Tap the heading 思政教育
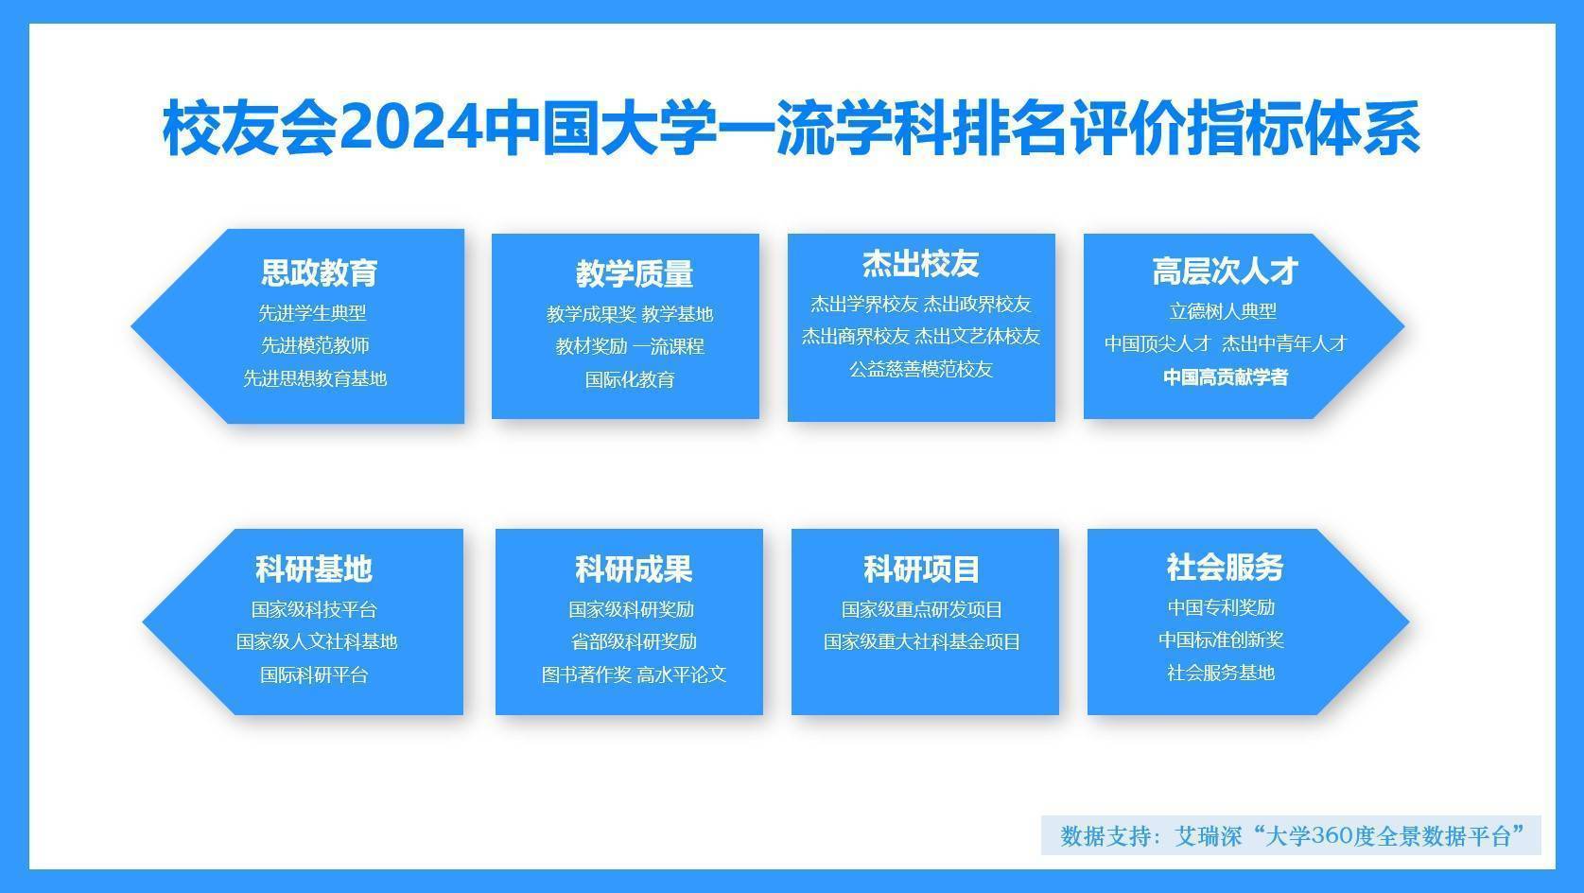[320, 272]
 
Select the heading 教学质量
[635, 273]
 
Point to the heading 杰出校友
[921, 264]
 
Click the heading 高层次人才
[1226, 271]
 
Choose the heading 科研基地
[314, 569]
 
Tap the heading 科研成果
[634, 569]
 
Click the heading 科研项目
[921, 569]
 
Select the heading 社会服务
[1225, 567]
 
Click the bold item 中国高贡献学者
[1226, 377]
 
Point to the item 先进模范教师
[316, 345]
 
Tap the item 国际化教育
[630, 379]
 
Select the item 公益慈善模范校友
[921, 369]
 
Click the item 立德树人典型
[1223, 310]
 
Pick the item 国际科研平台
[314, 674]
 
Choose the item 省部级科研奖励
[634, 641]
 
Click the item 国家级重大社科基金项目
[921, 641]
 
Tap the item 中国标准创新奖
[1221, 639]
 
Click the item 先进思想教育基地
[316, 378]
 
